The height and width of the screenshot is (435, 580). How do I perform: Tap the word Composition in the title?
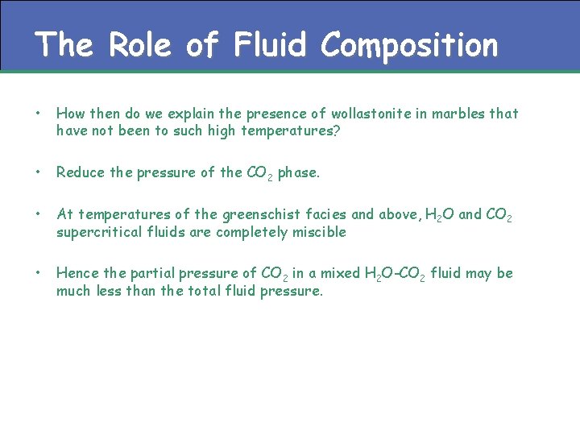click(x=409, y=46)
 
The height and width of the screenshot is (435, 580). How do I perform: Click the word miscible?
click(x=319, y=232)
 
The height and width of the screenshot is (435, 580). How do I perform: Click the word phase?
click(x=299, y=172)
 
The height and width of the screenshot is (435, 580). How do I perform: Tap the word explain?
click(x=194, y=114)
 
